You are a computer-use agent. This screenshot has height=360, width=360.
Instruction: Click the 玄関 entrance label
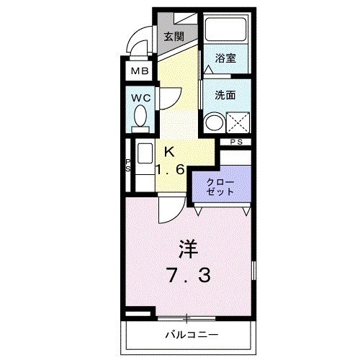pyautogui.click(x=173, y=37)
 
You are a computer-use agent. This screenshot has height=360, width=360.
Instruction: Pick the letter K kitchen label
pyautogui.click(x=170, y=151)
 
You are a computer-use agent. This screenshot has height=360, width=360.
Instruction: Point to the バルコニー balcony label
pyautogui.click(x=190, y=335)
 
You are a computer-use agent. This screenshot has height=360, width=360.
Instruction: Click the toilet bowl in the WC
pyautogui.click(x=140, y=117)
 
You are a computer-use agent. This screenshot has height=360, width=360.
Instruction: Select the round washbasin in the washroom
pyautogui.click(x=212, y=122)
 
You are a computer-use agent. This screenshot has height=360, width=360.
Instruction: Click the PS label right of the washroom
pyautogui.click(x=237, y=142)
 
